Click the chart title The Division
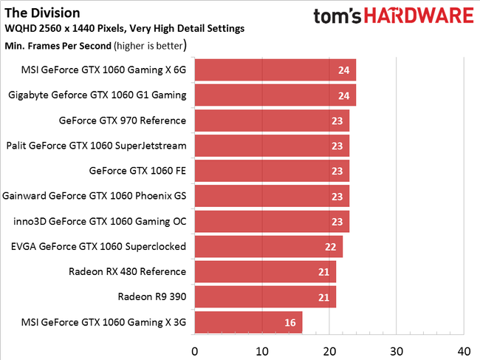(42, 13)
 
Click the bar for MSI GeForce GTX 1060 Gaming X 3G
(248, 322)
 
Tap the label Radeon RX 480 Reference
(127, 271)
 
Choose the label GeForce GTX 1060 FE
(137, 171)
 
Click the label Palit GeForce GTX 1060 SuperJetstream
(96, 146)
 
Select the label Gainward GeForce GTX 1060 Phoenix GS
(95, 196)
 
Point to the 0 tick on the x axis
(195, 350)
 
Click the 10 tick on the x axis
(262, 350)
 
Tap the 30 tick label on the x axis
(397, 350)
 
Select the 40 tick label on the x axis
(464, 350)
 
